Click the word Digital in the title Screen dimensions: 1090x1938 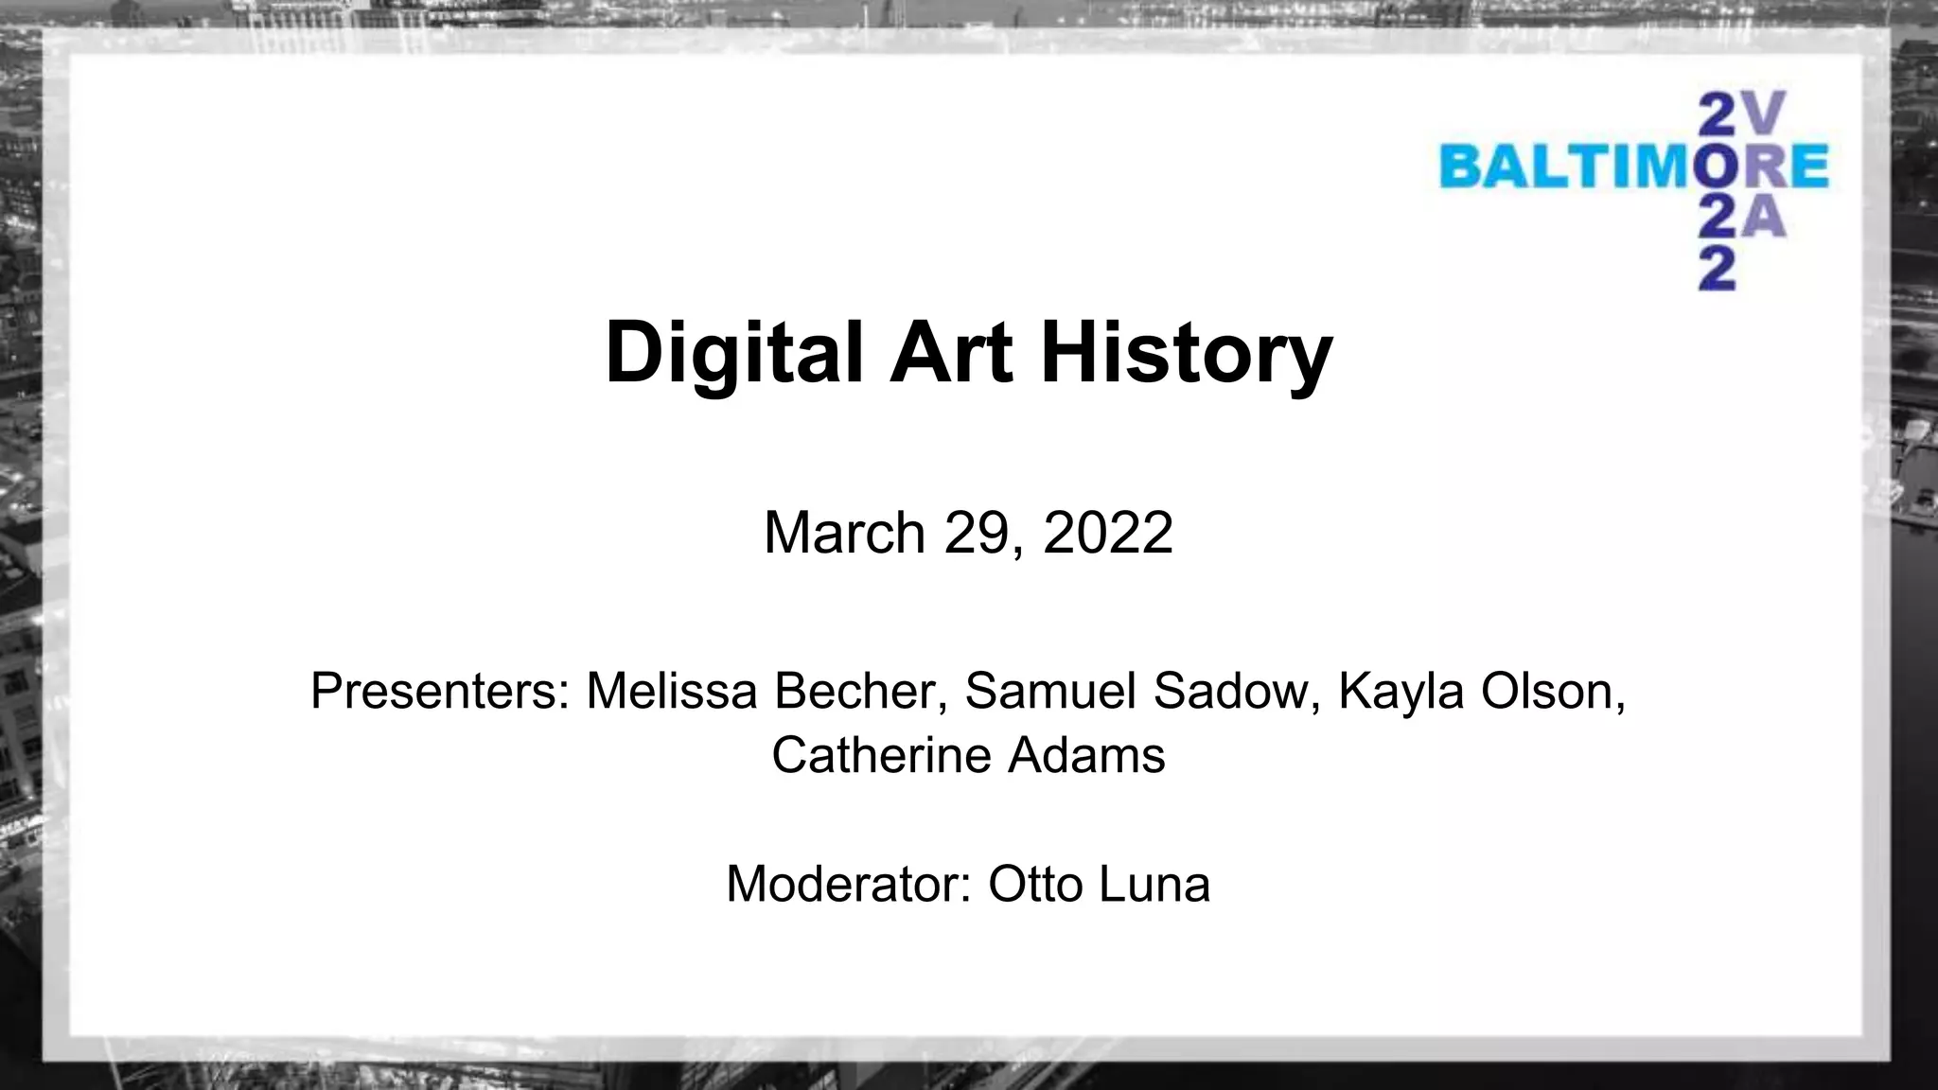734,352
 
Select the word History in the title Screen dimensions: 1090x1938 1187,352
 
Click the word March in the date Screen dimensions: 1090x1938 844,533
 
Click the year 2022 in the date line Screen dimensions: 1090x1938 1107,533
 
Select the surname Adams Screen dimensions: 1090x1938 1085,755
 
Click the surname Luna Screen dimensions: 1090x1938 1154,885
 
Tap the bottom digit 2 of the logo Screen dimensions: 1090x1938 1718,270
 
